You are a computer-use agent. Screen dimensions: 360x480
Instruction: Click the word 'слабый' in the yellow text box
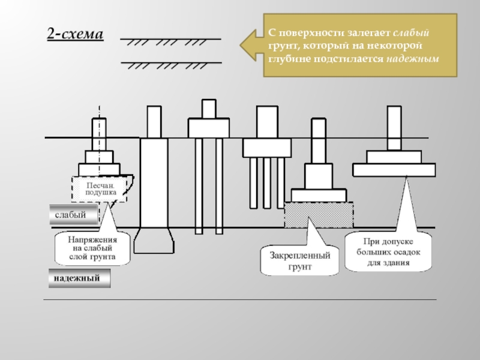click(414, 32)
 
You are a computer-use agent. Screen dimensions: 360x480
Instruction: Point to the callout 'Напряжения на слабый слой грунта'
click(93, 248)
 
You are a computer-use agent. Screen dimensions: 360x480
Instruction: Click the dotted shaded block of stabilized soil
click(318, 214)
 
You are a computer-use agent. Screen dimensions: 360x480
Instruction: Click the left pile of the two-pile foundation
click(199, 186)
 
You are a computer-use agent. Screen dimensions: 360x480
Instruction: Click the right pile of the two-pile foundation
click(219, 186)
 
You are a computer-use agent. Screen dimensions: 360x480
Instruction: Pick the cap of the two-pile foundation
click(209, 128)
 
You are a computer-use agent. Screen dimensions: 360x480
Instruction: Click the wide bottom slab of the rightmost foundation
click(394, 169)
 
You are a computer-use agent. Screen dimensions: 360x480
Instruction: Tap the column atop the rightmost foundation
click(394, 127)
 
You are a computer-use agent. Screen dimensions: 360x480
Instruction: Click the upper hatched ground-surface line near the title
click(171, 40)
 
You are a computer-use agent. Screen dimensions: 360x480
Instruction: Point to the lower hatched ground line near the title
click(171, 63)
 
